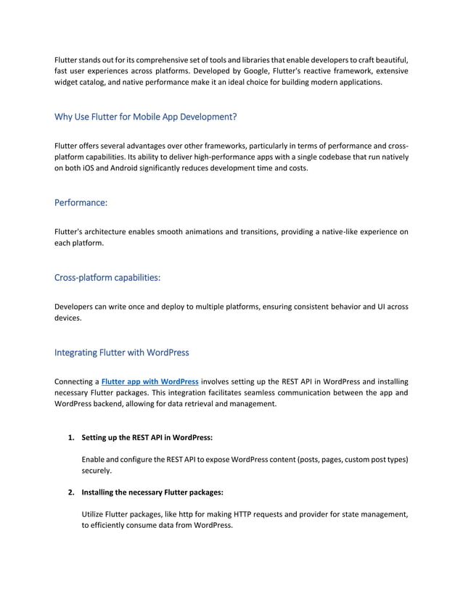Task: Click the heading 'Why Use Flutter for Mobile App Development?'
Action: (x=145, y=116)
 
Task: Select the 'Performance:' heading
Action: (x=81, y=205)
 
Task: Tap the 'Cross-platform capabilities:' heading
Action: (x=107, y=278)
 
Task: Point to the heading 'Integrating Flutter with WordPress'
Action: (x=121, y=352)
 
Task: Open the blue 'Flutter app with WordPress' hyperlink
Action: (x=149, y=381)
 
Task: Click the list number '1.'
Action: (x=71, y=438)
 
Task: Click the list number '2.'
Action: (x=71, y=493)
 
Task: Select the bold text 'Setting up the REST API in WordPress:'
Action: (x=147, y=438)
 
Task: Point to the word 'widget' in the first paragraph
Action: (x=68, y=83)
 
